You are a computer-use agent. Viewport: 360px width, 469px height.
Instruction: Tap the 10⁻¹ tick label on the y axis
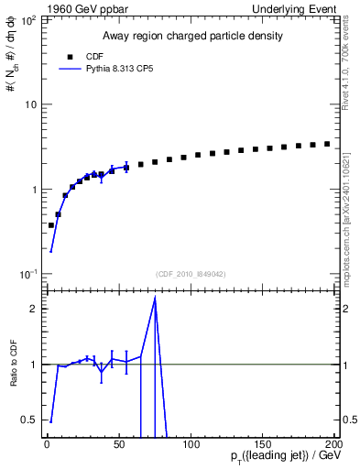pyautogui.click(x=28, y=275)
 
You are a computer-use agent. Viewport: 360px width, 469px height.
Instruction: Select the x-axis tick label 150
pyautogui.click(x=263, y=444)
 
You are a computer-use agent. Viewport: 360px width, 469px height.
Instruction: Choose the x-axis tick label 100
pyautogui.click(x=191, y=444)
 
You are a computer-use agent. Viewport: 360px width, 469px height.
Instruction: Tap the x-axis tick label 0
pyautogui.click(x=47, y=444)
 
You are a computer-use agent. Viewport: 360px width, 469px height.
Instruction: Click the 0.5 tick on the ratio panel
pyautogui.click(x=29, y=420)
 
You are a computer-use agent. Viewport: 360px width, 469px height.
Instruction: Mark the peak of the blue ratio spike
pyautogui.click(x=156, y=298)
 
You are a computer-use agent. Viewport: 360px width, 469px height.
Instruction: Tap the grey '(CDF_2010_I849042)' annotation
pyautogui.click(x=190, y=273)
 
